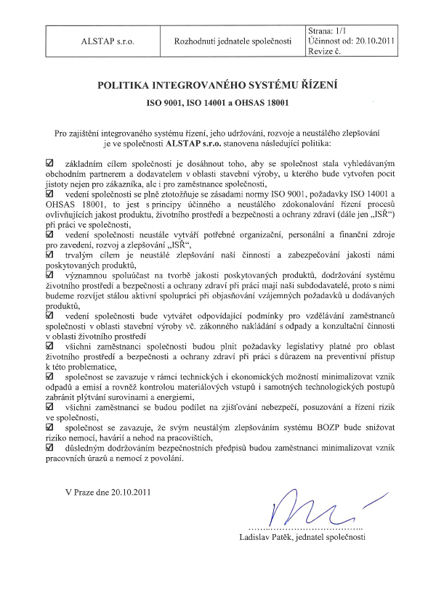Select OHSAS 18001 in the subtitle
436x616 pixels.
click(262, 104)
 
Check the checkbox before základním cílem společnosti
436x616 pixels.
click(49, 165)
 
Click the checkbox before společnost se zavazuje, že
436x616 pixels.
click(49, 429)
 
